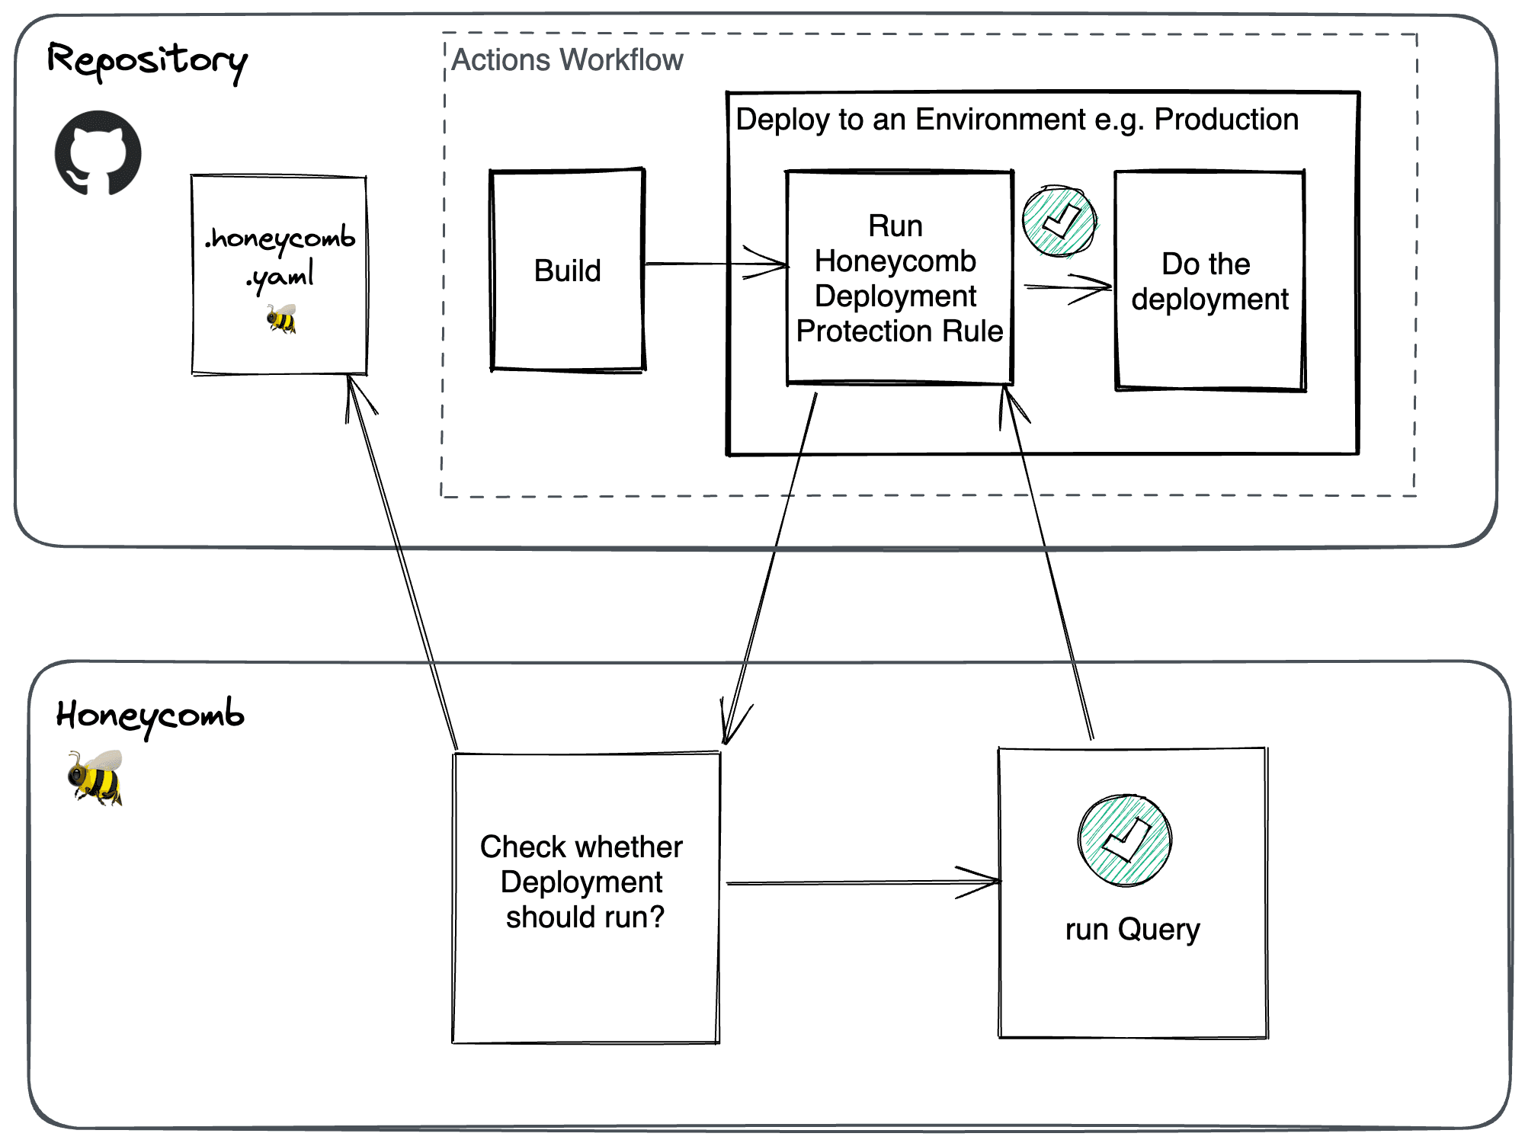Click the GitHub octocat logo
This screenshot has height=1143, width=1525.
pos(98,153)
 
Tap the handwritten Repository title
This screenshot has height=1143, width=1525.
pos(147,61)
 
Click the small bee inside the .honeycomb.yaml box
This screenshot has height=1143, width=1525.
pos(281,319)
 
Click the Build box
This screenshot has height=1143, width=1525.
pos(568,270)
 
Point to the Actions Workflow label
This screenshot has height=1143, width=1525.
pos(567,60)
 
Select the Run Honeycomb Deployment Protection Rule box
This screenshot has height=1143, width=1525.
pos(899,278)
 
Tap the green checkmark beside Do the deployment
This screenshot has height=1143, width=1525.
pos(1059,222)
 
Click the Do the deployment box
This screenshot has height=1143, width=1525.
pos(1210,281)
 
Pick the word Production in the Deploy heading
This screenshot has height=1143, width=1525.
pos(1226,120)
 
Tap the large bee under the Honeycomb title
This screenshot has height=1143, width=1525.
pos(96,777)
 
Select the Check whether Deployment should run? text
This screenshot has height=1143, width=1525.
pos(582,882)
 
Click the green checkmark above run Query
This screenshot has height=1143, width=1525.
pos(1125,840)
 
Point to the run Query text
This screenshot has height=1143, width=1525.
pos(1133,930)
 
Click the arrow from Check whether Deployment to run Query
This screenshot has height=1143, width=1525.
pos(861,882)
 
